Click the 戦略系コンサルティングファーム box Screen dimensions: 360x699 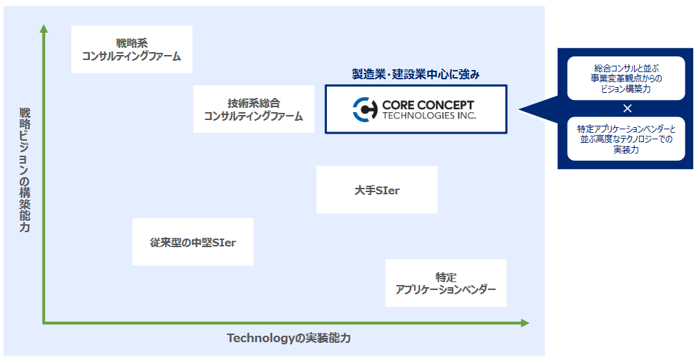click(132, 49)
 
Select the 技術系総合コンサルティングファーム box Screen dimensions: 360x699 click(253, 109)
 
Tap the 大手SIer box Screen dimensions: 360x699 click(376, 189)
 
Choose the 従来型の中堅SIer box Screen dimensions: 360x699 click(193, 242)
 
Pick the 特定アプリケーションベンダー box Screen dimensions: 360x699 click(446, 283)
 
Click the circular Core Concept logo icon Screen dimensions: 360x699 click(364, 109)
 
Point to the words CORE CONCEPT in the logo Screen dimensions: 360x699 click(428, 104)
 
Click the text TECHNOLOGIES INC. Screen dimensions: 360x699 click(428, 115)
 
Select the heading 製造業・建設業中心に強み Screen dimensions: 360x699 click(416, 74)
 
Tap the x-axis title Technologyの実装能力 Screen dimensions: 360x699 click(289, 337)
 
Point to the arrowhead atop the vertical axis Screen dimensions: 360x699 click(44, 29)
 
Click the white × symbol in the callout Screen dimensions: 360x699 click(627, 109)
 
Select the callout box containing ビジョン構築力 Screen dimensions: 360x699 click(626, 78)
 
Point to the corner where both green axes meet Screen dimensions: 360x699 click(44, 323)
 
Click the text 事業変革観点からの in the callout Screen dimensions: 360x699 click(626, 77)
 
